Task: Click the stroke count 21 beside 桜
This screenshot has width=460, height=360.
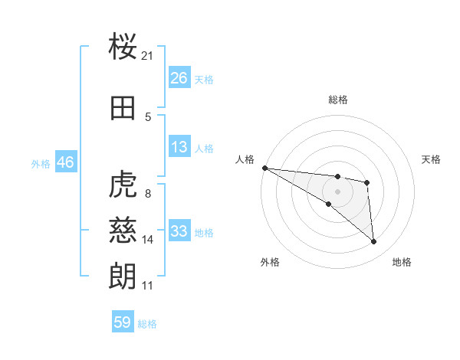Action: (x=148, y=56)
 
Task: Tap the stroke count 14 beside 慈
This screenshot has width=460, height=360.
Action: (x=148, y=240)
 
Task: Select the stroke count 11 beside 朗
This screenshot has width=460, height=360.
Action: (x=148, y=286)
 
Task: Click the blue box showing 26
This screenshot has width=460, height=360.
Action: (x=179, y=78)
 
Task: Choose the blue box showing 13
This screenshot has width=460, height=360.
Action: (x=179, y=147)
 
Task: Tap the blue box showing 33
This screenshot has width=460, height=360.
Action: (x=179, y=231)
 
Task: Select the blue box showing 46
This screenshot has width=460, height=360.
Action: (x=65, y=162)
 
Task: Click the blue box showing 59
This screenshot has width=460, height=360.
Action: (x=123, y=322)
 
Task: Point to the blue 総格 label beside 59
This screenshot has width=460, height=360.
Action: (x=148, y=324)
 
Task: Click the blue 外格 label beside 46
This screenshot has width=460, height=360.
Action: (x=41, y=163)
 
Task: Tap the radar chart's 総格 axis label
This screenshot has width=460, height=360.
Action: (x=338, y=100)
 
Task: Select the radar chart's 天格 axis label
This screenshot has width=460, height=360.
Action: (x=432, y=159)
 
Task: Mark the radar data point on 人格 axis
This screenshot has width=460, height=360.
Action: (x=264, y=168)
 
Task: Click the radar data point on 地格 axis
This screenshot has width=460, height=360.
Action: (x=374, y=242)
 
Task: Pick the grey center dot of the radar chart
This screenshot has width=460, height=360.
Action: (x=338, y=191)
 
